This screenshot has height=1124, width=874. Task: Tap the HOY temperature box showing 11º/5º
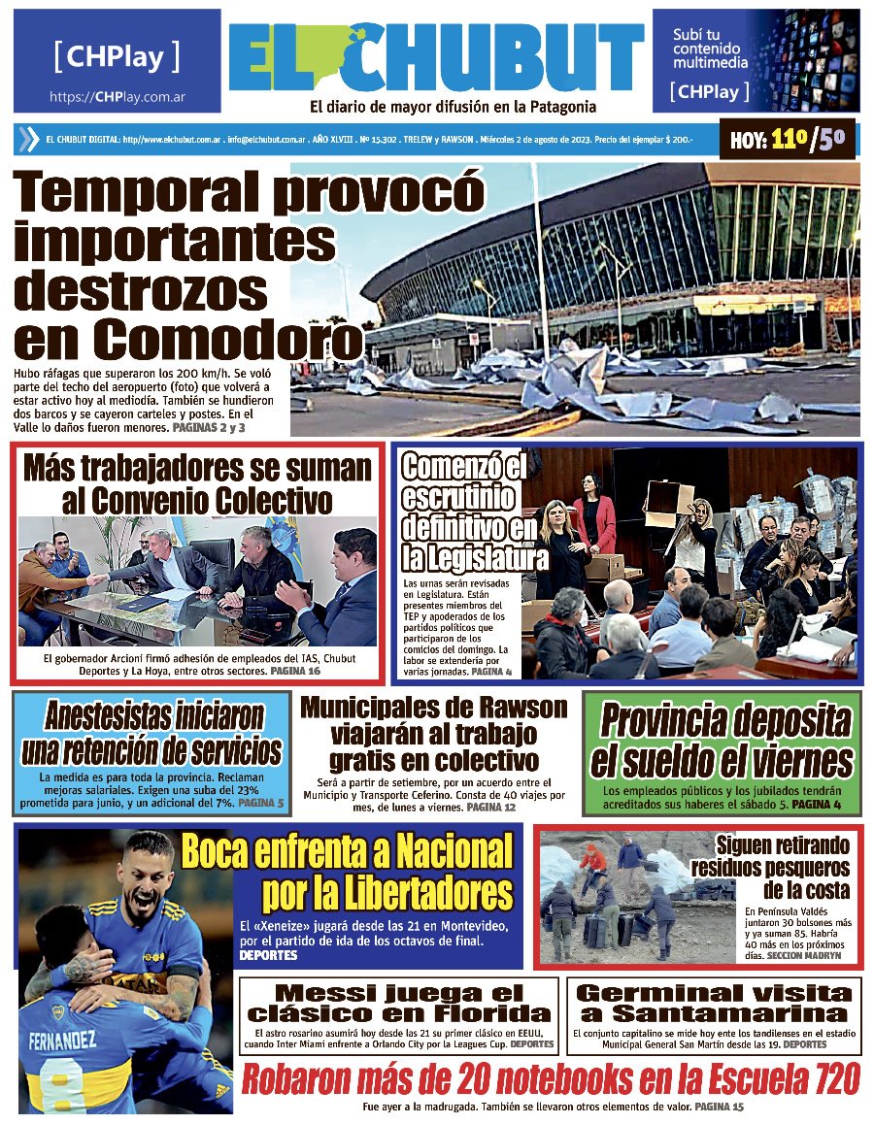point(789,140)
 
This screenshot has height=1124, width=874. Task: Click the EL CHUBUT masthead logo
point(436,58)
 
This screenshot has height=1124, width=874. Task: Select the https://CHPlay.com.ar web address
point(118,97)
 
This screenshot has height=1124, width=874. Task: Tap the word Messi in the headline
point(319,992)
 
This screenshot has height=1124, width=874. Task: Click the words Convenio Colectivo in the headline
point(197,501)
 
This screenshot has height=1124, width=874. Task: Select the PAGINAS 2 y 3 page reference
point(208,427)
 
